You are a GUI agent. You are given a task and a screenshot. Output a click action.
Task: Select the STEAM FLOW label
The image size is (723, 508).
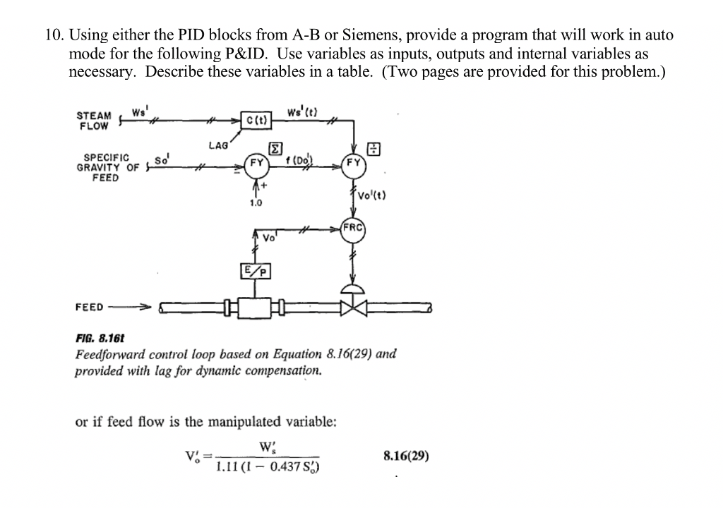coord(93,121)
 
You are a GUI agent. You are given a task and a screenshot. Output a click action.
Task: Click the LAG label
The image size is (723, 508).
coord(218,145)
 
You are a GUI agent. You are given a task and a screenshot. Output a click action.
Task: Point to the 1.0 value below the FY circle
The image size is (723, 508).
coord(256,202)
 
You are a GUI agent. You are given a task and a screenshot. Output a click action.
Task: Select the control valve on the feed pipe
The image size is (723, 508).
coord(352,305)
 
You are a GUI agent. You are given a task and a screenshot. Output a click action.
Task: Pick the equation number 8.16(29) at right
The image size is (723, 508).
coord(406,456)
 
